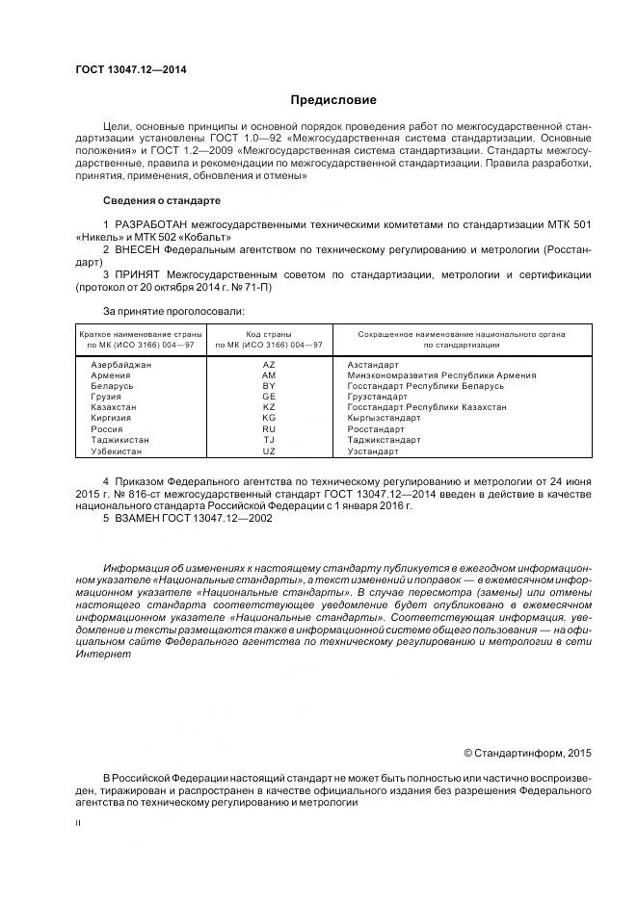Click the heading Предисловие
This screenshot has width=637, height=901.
[333, 100]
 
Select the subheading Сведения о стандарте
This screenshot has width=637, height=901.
[161, 200]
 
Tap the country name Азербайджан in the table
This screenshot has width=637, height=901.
[120, 365]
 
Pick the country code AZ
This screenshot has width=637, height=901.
[268, 365]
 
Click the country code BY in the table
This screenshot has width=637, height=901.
[268, 386]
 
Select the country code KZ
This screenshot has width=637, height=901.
[268, 407]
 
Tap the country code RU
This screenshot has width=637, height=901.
[268, 428]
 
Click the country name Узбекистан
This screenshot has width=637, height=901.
[118, 450]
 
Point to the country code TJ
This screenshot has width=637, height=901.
[268, 440]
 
